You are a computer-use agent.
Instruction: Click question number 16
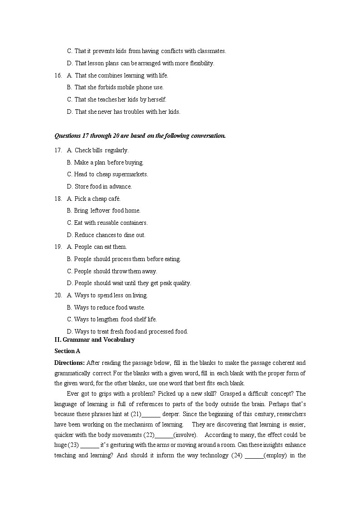[58, 76]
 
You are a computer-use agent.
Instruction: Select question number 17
[58, 150]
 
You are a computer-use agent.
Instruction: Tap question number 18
[58, 199]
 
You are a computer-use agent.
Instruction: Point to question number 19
[58, 247]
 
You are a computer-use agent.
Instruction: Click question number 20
[58, 296]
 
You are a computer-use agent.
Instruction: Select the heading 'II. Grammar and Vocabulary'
[94, 340]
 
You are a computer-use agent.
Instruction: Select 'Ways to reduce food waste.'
[109, 308]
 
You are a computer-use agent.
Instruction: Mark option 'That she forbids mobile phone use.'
[119, 87]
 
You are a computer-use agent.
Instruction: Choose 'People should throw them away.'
[115, 271]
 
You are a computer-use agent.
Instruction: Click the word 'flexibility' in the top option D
[199, 63]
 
